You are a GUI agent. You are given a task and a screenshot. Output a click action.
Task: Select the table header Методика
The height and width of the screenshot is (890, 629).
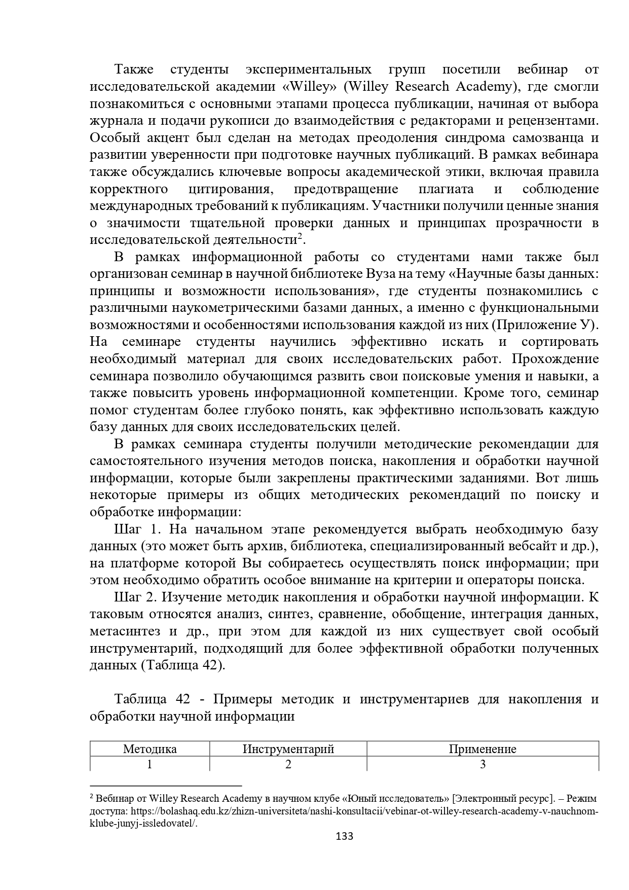coord(150,749)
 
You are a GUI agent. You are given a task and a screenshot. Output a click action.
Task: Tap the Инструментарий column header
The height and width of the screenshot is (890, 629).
coord(288,749)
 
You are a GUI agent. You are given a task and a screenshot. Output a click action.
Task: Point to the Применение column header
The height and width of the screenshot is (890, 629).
coord(483,749)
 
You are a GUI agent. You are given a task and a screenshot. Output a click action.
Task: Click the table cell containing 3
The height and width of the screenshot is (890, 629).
coord(483,764)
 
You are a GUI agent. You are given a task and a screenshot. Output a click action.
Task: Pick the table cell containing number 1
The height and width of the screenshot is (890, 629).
coord(150,764)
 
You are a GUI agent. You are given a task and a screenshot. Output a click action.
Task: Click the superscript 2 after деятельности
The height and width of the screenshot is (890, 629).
coord(300,236)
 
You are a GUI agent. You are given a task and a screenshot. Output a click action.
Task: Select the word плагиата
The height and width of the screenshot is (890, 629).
coord(446,189)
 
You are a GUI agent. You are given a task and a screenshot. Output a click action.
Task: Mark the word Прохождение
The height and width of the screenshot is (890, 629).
coord(556,359)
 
